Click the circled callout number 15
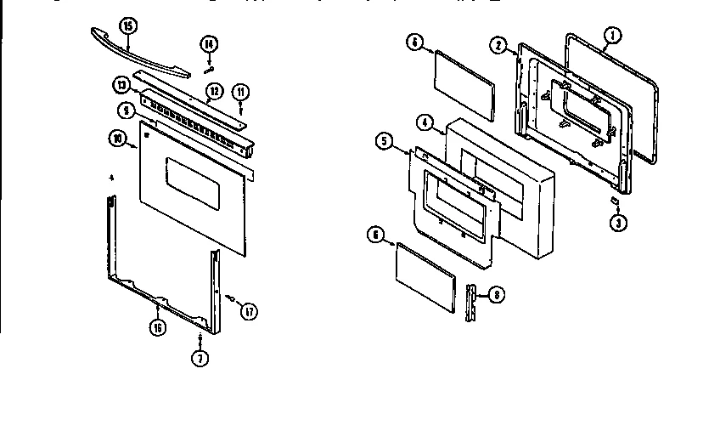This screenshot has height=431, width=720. coord(127,26)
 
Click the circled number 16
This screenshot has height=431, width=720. coord(157,327)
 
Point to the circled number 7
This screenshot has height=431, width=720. coord(199,357)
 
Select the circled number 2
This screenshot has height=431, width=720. coord(499,45)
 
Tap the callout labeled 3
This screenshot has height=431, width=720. coord(618,224)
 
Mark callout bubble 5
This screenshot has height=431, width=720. coord(386,141)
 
